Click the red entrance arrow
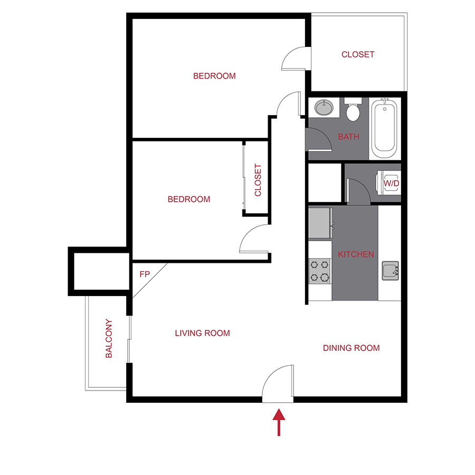pos(278,424)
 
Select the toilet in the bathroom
pos(353,111)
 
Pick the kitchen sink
pos(391,270)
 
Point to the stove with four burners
pos(320,271)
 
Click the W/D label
pos(391,183)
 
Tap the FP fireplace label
pos(144,274)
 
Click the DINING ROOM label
pos(351,348)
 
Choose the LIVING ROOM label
pos(202,333)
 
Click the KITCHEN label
pos(356,254)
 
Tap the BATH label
pos(348,137)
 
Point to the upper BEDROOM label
pos(214,76)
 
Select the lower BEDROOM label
pos(189,199)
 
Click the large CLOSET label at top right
pos(358,54)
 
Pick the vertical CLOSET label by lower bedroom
pos(258,180)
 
